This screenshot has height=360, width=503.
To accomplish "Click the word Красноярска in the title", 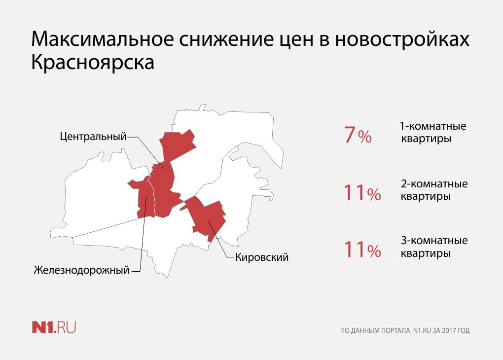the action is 93,62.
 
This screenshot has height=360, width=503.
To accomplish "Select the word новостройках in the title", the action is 402,39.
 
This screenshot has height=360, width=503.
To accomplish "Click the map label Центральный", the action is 93,137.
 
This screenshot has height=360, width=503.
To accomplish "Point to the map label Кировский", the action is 262,257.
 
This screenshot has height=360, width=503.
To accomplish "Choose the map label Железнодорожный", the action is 82,270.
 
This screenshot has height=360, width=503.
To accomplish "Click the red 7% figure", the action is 358,135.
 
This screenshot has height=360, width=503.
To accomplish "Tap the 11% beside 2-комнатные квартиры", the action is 362,192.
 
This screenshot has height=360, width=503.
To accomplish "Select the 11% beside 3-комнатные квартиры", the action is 362,250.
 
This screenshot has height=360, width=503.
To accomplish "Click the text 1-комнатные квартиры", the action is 433,132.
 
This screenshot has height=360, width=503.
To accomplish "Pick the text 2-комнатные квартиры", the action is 434,190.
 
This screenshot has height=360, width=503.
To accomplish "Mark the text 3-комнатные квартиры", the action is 434,247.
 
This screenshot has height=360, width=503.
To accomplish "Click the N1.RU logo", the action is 54,327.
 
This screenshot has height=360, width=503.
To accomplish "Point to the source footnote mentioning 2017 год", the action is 405,330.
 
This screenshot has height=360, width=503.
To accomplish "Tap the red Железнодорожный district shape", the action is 143,197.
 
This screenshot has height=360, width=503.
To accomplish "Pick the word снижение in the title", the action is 226,39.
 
